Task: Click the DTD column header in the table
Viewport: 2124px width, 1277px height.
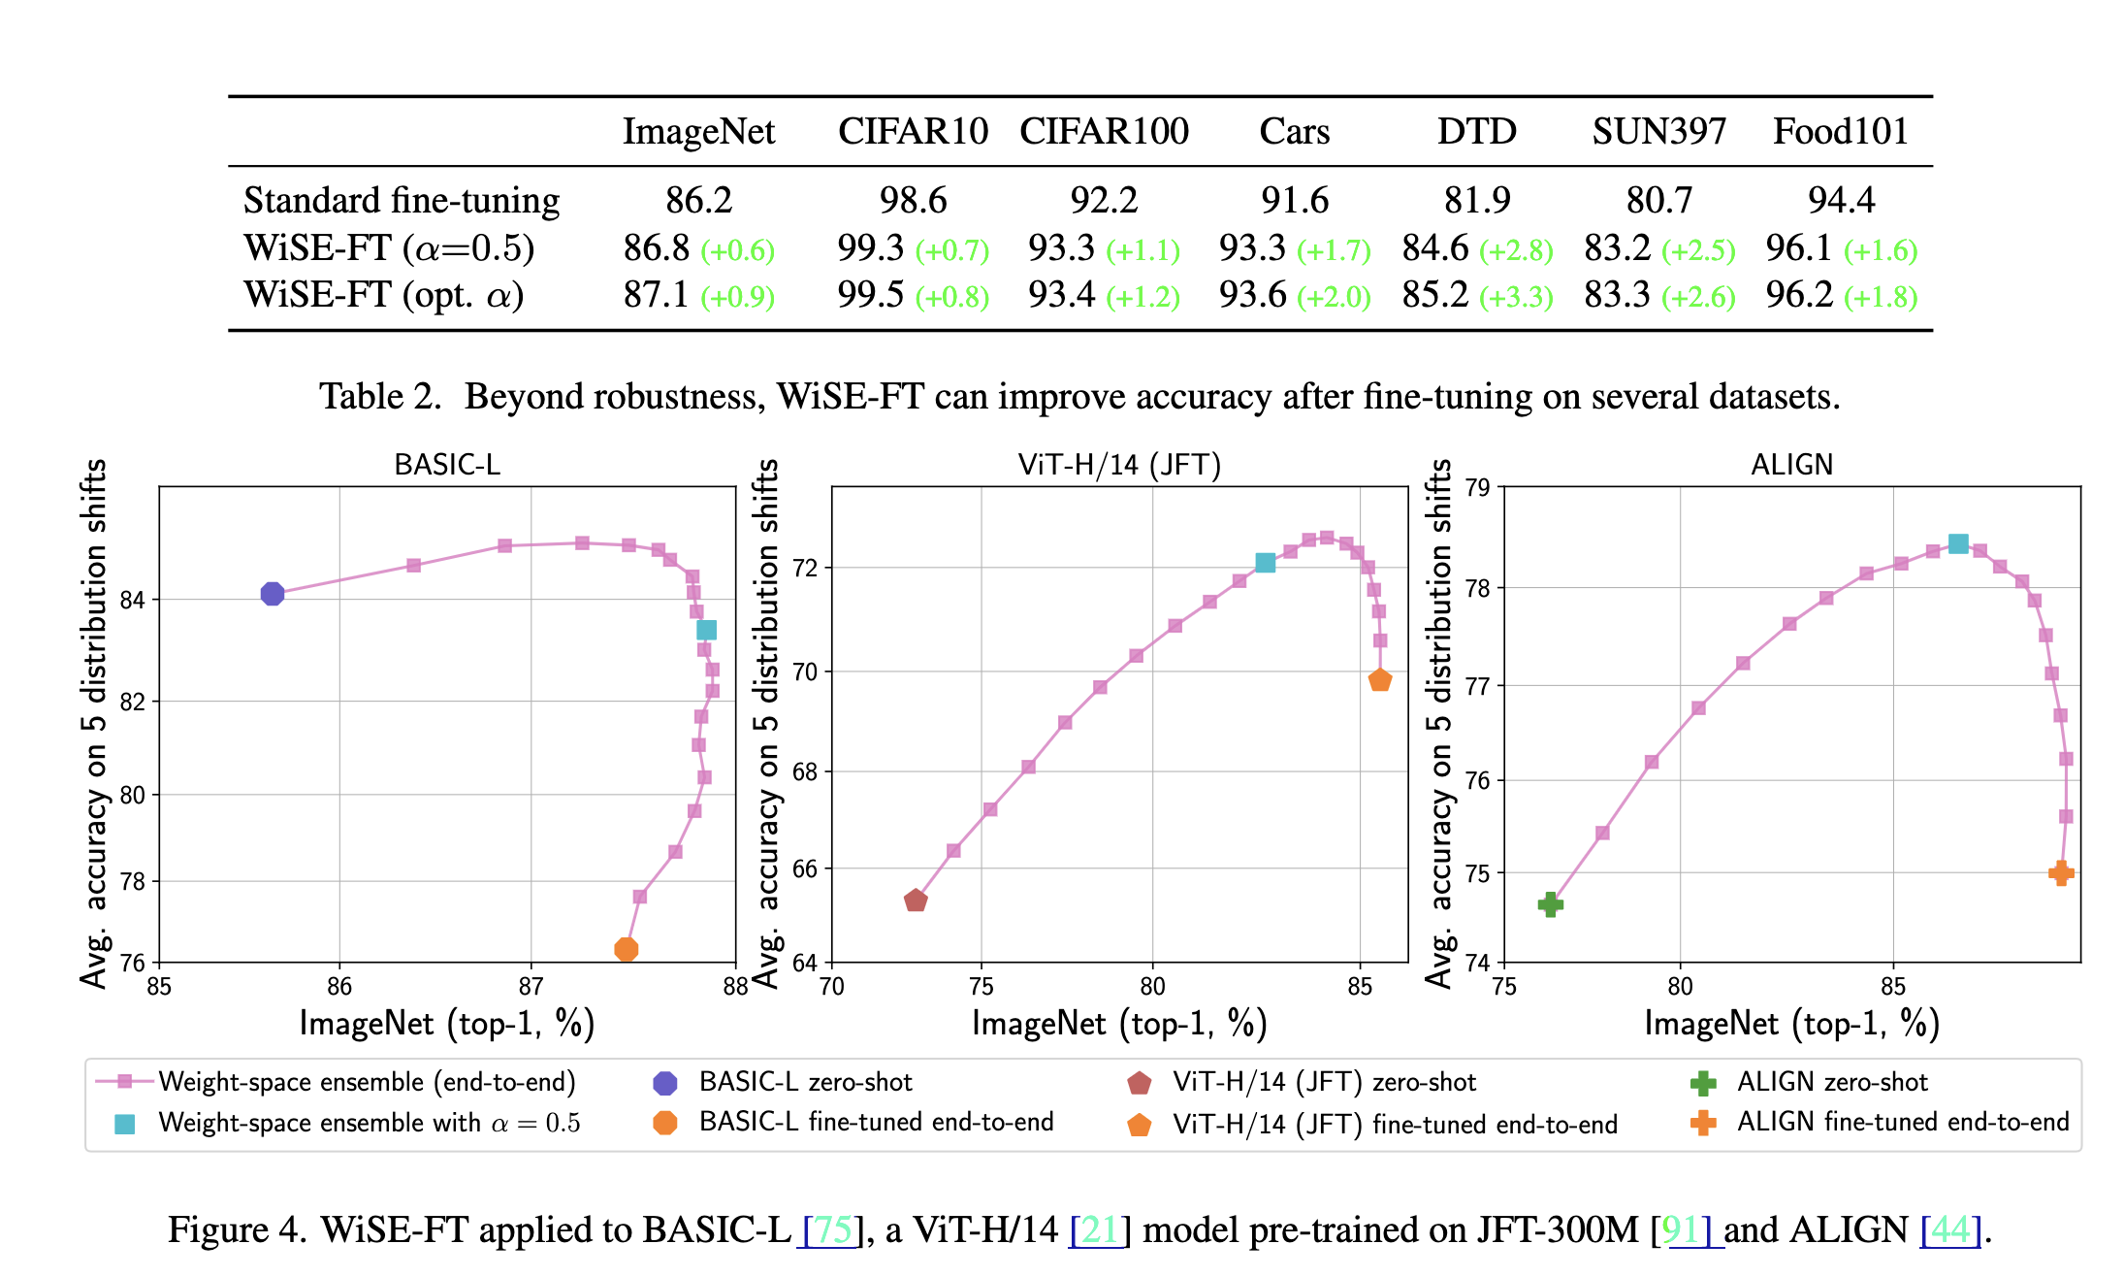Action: pos(1476,131)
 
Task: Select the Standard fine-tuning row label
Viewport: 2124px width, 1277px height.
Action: pos(402,200)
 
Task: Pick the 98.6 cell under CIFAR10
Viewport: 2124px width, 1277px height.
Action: pos(913,200)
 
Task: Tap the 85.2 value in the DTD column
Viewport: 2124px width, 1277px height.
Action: pos(1435,294)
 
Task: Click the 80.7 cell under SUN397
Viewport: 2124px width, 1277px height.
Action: pos(1658,200)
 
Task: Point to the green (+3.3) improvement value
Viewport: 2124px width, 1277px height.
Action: pos(1517,296)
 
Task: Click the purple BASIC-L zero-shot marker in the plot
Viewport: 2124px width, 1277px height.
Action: pos(273,594)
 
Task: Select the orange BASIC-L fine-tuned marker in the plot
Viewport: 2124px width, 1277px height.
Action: pos(627,949)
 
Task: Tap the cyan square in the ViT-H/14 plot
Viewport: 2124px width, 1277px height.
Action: pos(1266,563)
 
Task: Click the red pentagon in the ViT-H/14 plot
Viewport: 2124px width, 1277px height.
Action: pos(916,901)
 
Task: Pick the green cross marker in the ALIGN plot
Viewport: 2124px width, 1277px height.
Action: pos(1551,904)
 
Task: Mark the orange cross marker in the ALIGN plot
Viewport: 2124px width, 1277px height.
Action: pos(2061,873)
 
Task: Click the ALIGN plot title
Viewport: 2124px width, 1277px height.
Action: pos(1791,465)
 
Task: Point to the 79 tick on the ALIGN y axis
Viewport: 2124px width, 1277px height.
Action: pos(1477,487)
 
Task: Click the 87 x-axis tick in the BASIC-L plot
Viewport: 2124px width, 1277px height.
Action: pos(531,987)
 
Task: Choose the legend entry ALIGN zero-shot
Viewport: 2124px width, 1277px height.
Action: pos(1831,1082)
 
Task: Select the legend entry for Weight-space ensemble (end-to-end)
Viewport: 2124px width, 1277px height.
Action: pos(367,1082)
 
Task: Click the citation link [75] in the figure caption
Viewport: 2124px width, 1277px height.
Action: pos(832,1229)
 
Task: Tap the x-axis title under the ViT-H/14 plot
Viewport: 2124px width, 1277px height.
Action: pos(1119,1024)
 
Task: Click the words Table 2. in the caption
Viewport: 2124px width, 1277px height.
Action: pos(380,396)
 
